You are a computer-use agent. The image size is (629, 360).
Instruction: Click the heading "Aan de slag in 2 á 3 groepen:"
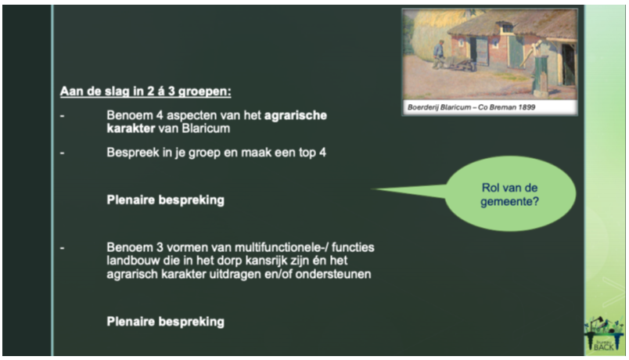coord(146,92)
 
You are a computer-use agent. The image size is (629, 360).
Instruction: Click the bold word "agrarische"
coord(296,115)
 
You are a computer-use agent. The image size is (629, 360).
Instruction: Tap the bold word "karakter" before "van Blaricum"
coord(131,128)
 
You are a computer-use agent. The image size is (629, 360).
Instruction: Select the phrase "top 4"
coord(312,153)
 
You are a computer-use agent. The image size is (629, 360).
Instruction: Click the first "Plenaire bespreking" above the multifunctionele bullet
coord(165,200)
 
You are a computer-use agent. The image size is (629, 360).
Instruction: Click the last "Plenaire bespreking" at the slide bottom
coord(165,322)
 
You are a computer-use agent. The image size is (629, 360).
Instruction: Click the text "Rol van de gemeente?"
coord(509,194)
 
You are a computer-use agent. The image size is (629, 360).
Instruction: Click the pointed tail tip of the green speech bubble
coord(372,189)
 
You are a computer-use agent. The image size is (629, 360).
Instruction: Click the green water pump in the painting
coord(539,70)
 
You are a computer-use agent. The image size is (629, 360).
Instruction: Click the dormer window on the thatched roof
coord(507,27)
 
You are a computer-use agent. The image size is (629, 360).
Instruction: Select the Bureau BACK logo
coord(604,334)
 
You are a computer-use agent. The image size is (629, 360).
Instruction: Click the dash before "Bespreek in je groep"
coord(62,153)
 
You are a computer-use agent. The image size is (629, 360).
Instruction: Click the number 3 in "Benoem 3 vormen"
coord(160,247)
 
